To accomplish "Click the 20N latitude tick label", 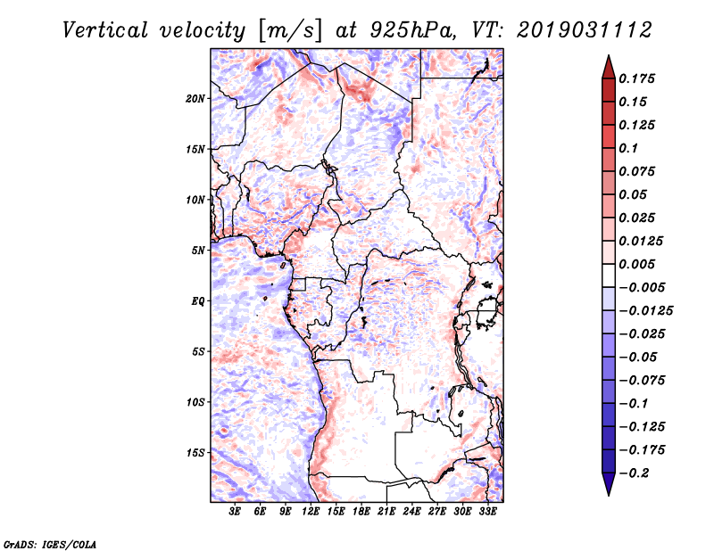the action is pyautogui.click(x=195, y=98).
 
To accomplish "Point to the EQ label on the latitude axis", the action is pyautogui.click(x=198, y=301).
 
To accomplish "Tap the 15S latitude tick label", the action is pyautogui.click(x=195, y=453).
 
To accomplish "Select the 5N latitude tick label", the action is pyautogui.click(x=198, y=251).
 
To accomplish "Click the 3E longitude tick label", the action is pyautogui.click(x=235, y=512).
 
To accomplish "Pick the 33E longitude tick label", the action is pyautogui.click(x=487, y=512).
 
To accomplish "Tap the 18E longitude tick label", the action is pyautogui.click(x=361, y=512).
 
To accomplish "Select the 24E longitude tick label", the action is pyautogui.click(x=411, y=512).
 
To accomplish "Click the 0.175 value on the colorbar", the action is pyautogui.click(x=636, y=78).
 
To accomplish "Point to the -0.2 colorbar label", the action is pyautogui.click(x=634, y=473).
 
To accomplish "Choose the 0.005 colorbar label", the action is pyautogui.click(x=636, y=264).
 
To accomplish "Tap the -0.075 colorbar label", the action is pyautogui.click(x=642, y=381).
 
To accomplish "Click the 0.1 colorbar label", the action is pyautogui.click(x=628, y=148).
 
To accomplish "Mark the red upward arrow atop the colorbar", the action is pyautogui.click(x=609, y=68).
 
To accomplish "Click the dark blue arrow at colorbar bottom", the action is pyautogui.click(x=609, y=484).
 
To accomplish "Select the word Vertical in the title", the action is pyautogui.click(x=104, y=30).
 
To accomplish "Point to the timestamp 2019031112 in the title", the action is pyautogui.click(x=585, y=30).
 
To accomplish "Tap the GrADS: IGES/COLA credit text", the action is pyautogui.click(x=50, y=544).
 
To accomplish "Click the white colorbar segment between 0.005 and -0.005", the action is pyautogui.click(x=609, y=275).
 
